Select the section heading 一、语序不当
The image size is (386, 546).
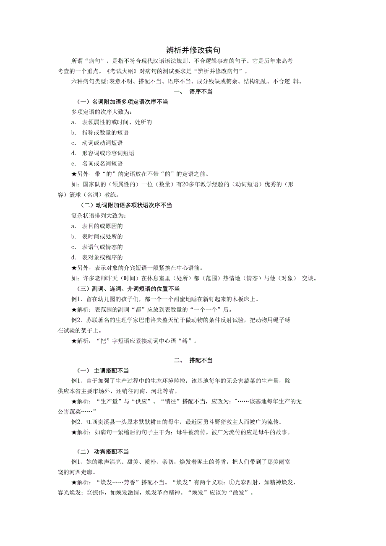pos(193,91)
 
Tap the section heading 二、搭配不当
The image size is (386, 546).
pos(193,360)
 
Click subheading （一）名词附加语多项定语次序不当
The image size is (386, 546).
pos(122,102)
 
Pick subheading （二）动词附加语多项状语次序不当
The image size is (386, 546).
pos(126,205)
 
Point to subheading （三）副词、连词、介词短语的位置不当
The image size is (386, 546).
pos(128,289)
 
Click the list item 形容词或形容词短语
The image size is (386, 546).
pos(108,153)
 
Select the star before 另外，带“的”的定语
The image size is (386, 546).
pos(74,174)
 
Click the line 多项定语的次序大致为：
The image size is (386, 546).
pos(102,112)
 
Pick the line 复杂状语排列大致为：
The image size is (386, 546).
pos(99,216)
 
